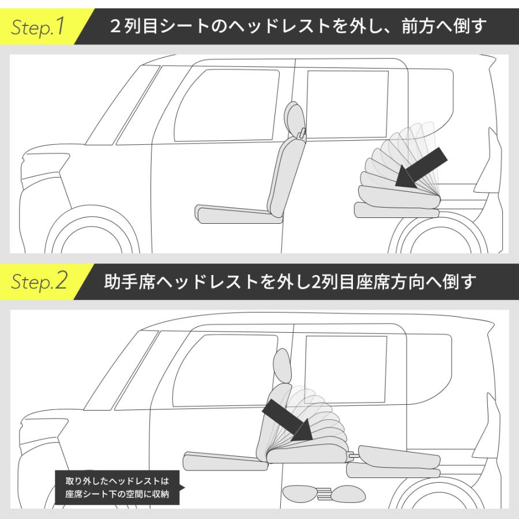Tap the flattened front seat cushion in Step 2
point(225,461)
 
